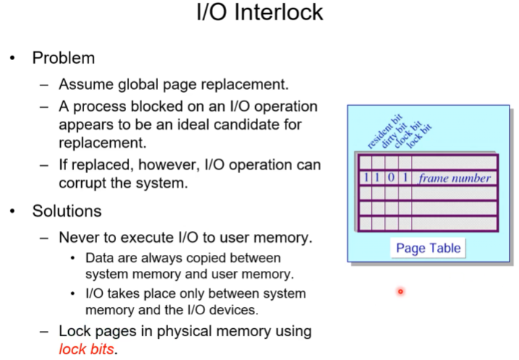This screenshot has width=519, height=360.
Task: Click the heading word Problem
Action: pos(63,58)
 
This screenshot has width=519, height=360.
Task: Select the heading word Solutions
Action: pos(67,212)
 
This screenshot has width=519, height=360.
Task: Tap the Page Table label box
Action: pos(428,248)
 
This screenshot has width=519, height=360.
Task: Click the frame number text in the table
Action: pos(455,178)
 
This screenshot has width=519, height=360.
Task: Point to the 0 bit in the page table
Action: pos(392,178)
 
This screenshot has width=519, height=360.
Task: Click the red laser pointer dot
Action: pos(399,292)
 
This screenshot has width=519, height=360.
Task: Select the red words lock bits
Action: pos(86,349)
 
